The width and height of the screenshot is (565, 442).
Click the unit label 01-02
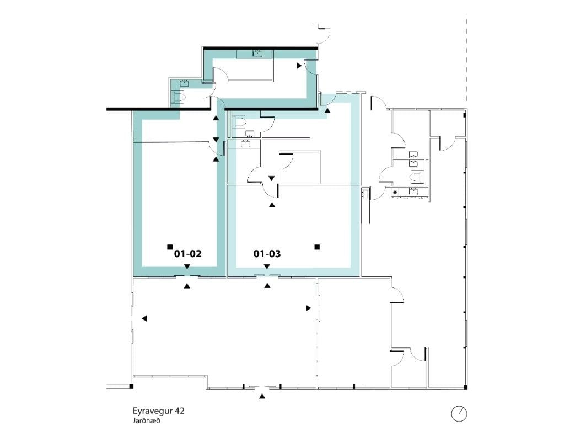click(x=188, y=254)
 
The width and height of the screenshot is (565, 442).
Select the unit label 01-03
click(x=267, y=254)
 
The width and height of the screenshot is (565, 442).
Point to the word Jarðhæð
click(x=146, y=420)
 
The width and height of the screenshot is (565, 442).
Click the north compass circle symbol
click(x=459, y=413)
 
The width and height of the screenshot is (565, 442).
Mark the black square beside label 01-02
click(x=170, y=247)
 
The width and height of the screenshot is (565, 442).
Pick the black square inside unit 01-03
click(x=317, y=247)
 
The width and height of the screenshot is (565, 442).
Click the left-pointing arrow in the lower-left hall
click(x=144, y=318)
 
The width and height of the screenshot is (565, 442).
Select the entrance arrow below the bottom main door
click(x=262, y=396)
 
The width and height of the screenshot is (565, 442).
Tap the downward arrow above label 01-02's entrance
click(x=187, y=267)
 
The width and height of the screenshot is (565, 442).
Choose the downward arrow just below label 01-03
click(x=267, y=267)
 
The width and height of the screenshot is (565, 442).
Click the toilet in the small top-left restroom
click(x=178, y=97)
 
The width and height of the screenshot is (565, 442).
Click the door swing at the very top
click(x=324, y=33)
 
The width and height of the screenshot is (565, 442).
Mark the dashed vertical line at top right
click(x=467, y=61)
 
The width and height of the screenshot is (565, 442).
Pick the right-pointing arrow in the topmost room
click(x=299, y=66)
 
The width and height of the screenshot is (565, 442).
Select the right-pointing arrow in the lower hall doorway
click(x=309, y=308)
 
